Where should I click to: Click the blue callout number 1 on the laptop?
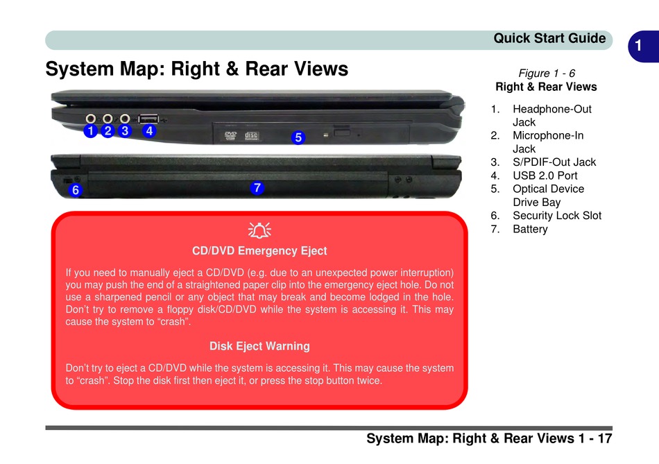pyautogui.click(x=89, y=130)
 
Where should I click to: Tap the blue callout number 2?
pyautogui.click(x=108, y=130)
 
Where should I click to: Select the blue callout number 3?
pyautogui.click(x=125, y=130)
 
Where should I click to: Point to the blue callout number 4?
pyautogui.click(x=148, y=130)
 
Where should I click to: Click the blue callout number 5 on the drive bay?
pyautogui.click(x=298, y=137)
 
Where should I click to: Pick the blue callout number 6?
pyautogui.click(x=76, y=189)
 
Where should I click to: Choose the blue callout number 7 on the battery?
pyautogui.click(x=257, y=187)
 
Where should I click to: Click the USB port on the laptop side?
pyautogui.click(x=148, y=118)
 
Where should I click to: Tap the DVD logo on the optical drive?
pyautogui.click(x=230, y=135)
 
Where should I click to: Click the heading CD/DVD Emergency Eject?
pyautogui.click(x=259, y=250)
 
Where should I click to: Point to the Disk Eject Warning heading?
pyautogui.click(x=259, y=345)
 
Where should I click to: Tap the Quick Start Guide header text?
pyautogui.click(x=549, y=39)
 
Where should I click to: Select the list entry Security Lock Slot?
pyautogui.click(x=556, y=216)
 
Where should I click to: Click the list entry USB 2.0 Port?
pyautogui.click(x=545, y=175)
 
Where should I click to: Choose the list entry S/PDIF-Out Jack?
pyautogui.click(x=554, y=162)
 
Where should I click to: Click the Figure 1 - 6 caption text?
pyautogui.click(x=546, y=74)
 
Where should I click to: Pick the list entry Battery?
pyautogui.click(x=530, y=229)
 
